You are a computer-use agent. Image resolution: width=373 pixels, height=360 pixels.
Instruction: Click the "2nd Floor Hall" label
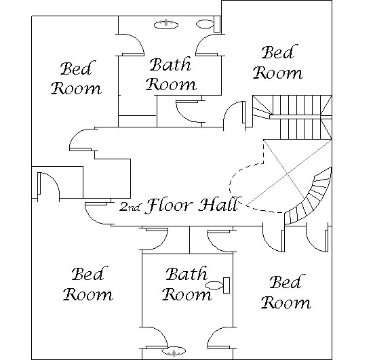click(x=178, y=205)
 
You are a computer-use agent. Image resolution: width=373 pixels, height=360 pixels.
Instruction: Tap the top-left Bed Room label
click(x=77, y=78)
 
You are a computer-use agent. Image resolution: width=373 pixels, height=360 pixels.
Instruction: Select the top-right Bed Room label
click(x=278, y=62)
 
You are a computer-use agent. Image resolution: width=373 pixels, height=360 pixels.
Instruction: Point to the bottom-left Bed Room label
click(x=87, y=284)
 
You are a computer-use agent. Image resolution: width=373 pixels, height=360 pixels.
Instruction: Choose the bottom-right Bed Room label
click(x=286, y=292)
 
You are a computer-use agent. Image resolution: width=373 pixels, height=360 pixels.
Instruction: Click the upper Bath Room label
click(x=171, y=74)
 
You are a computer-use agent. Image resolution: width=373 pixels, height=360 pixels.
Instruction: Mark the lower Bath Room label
click(x=186, y=284)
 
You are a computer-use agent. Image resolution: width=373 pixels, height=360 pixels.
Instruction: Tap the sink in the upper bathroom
click(x=165, y=24)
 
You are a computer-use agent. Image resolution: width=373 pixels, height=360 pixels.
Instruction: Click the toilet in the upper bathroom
click(x=208, y=24)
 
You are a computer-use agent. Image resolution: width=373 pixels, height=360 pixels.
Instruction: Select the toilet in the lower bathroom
click(x=218, y=285)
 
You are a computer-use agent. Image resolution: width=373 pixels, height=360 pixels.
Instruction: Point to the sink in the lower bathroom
click(x=174, y=352)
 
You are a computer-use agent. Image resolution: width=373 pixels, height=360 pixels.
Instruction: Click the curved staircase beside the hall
click(x=309, y=197)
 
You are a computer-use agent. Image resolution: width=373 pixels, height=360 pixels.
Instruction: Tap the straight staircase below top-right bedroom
click(x=292, y=117)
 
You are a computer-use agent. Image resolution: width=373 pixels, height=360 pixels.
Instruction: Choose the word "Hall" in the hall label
click(x=218, y=205)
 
